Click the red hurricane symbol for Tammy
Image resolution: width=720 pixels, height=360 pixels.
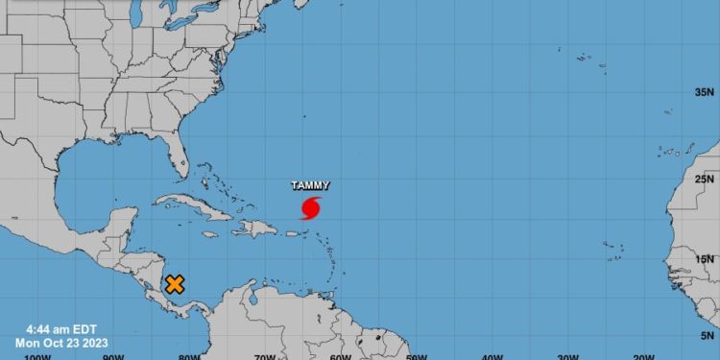click(311, 207)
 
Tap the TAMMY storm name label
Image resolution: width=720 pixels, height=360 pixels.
click(310, 186)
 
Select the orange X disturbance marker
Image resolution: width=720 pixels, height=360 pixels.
click(175, 284)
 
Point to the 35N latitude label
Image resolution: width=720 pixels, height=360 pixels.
click(706, 93)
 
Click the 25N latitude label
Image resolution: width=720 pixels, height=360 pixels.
click(706, 179)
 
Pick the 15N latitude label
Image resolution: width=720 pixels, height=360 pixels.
click(706, 258)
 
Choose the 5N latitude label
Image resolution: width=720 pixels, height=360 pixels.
click(708, 336)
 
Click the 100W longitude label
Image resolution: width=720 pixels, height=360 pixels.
click(36, 356)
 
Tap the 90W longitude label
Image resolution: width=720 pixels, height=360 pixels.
click(112, 356)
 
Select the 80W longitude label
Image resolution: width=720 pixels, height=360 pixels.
click(189, 356)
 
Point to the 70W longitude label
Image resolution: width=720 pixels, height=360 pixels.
click(266, 356)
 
